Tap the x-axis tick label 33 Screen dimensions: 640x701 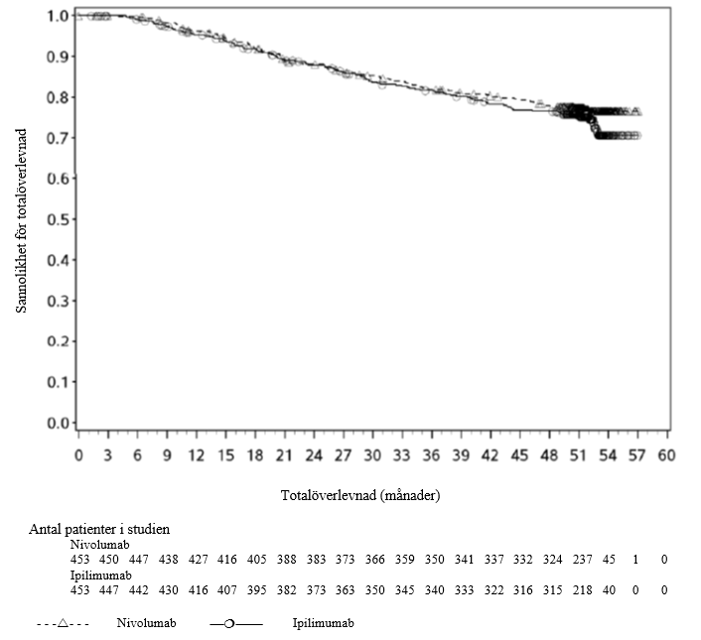pos(401,454)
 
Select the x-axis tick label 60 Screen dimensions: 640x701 pos(666,454)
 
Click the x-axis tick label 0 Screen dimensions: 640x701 pos(78,454)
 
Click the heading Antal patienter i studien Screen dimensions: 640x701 pos(105,530)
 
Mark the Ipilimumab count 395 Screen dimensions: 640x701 pos(257,590)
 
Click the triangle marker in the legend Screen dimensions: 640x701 pos(62,623)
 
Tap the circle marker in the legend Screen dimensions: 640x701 pos(229,623)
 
